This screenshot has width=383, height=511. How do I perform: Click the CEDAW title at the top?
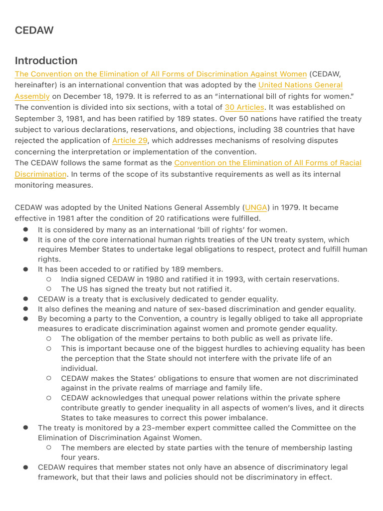[34, 30]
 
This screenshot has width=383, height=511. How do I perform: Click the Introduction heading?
[46, 61]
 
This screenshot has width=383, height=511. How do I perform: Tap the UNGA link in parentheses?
[256, 208]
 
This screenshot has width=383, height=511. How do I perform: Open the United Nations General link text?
[300, 85]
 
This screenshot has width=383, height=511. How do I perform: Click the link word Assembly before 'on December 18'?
[32, 96]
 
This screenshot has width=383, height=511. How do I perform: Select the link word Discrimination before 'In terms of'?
[40, 174]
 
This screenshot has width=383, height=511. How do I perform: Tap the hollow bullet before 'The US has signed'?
[49, 289]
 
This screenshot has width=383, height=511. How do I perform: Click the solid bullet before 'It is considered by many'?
[25, 230]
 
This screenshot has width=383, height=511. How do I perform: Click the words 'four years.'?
[80, 457]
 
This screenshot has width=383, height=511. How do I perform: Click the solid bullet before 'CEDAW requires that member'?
[25, 467]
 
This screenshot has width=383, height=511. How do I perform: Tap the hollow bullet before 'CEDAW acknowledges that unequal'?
[49, 398]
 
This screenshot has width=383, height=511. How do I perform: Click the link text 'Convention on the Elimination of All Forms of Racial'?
[268, 163]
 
